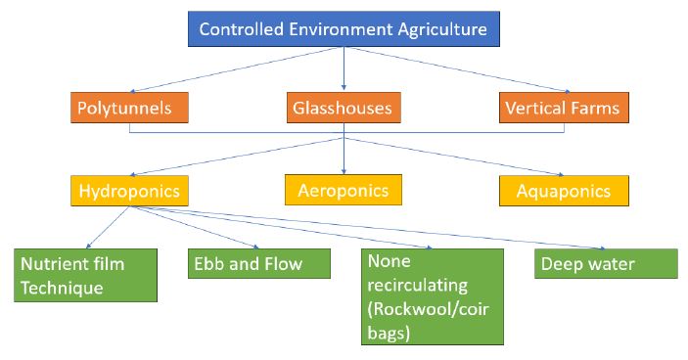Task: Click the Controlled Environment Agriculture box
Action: coord(343,28)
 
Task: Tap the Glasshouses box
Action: coord(343,108)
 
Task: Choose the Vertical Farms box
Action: coord(561,108)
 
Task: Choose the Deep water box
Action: coord(606,264)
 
